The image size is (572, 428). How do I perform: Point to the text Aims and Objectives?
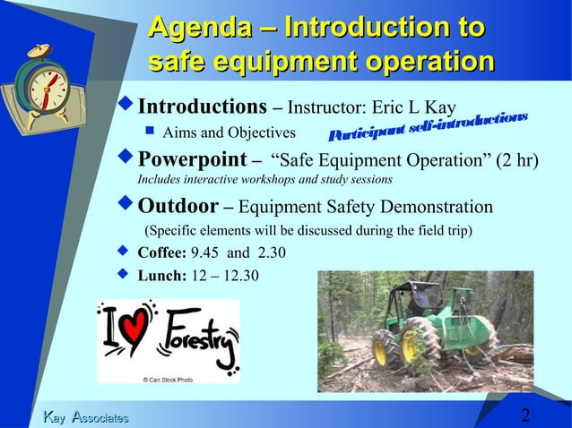[x=229, y=133]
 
